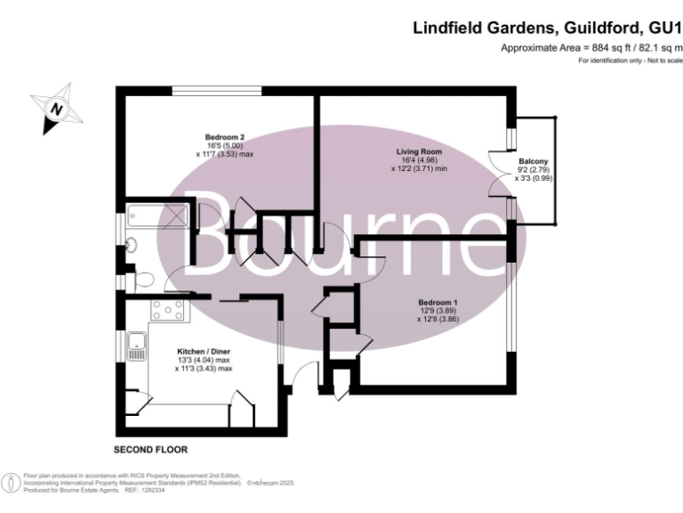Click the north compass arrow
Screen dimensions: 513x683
click(x=58, y=109)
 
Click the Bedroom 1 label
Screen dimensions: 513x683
click(x=438, y=302)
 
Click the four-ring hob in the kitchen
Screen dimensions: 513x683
click(x=169, y=310)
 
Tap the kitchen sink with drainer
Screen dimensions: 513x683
click(x=139, y=346)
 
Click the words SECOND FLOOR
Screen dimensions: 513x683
click(x=151, y=449)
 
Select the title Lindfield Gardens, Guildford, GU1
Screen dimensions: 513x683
click(x=547, y=28)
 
